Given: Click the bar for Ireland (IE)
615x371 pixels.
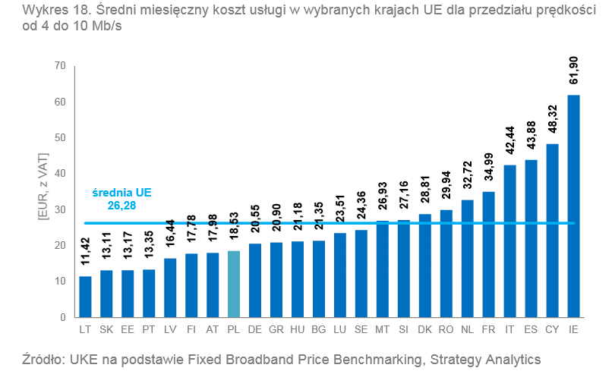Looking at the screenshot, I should [573, 205].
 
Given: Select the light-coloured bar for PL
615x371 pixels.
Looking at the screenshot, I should [233, 284].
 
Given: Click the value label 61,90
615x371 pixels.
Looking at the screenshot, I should [574, 71].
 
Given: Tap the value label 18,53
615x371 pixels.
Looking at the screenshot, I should [234, 226].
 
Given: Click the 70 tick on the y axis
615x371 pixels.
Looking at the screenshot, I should [60, 66].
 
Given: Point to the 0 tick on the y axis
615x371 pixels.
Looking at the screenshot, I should [63, 317].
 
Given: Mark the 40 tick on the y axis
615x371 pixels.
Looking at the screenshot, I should [60, 174].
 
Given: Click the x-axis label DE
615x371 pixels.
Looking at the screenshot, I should [254, 330].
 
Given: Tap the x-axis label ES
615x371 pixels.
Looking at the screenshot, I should [531, 330].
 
